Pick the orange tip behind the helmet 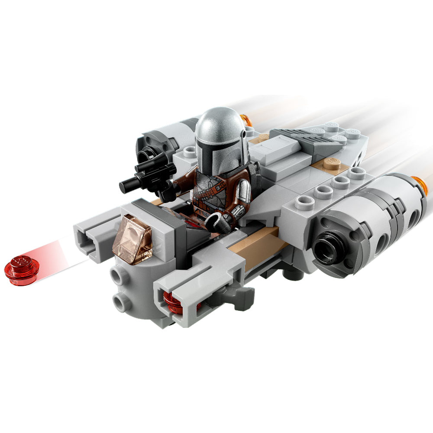pos(247,119)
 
